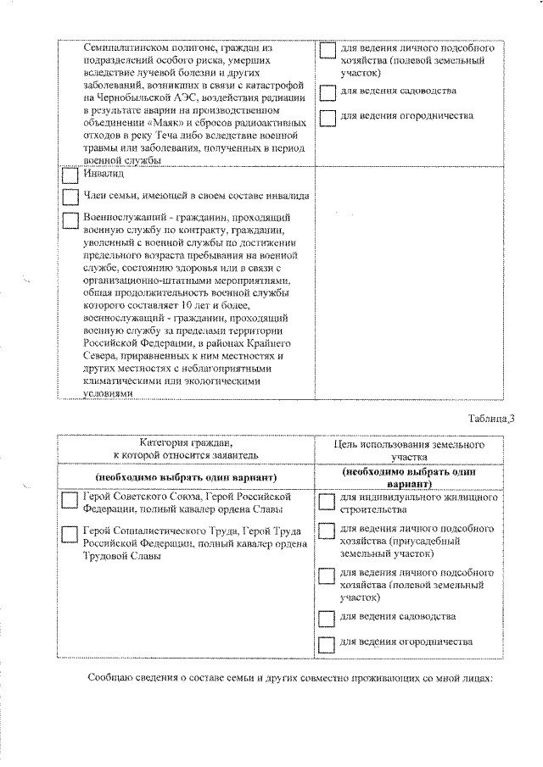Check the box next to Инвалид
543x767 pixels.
tap(70, 176)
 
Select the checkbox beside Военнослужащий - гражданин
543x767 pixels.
tap(70, 220)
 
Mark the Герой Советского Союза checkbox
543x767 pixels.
tap(70, 501)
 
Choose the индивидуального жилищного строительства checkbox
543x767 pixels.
tap(327, 503)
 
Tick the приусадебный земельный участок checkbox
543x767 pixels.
tap(327, 532)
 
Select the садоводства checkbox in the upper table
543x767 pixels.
tap(327, 92)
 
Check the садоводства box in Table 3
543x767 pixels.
tap(327, 618)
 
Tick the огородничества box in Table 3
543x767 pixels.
tap(327, 644)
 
